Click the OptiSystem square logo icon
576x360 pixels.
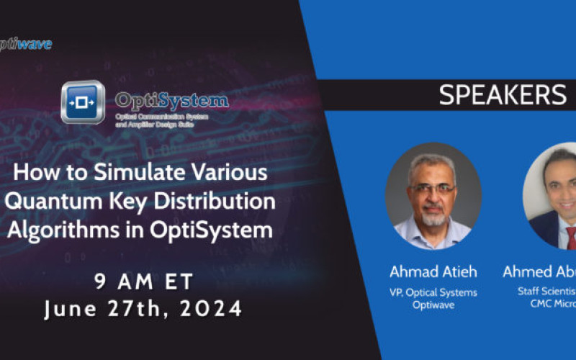point(83,103)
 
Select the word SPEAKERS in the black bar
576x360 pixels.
point(502,95)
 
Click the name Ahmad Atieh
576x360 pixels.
point(432,272)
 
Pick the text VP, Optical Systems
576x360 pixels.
point(432,292)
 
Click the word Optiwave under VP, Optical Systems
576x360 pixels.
point(432,305)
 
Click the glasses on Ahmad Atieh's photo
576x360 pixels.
point(433,188)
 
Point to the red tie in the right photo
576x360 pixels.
point(570,237)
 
